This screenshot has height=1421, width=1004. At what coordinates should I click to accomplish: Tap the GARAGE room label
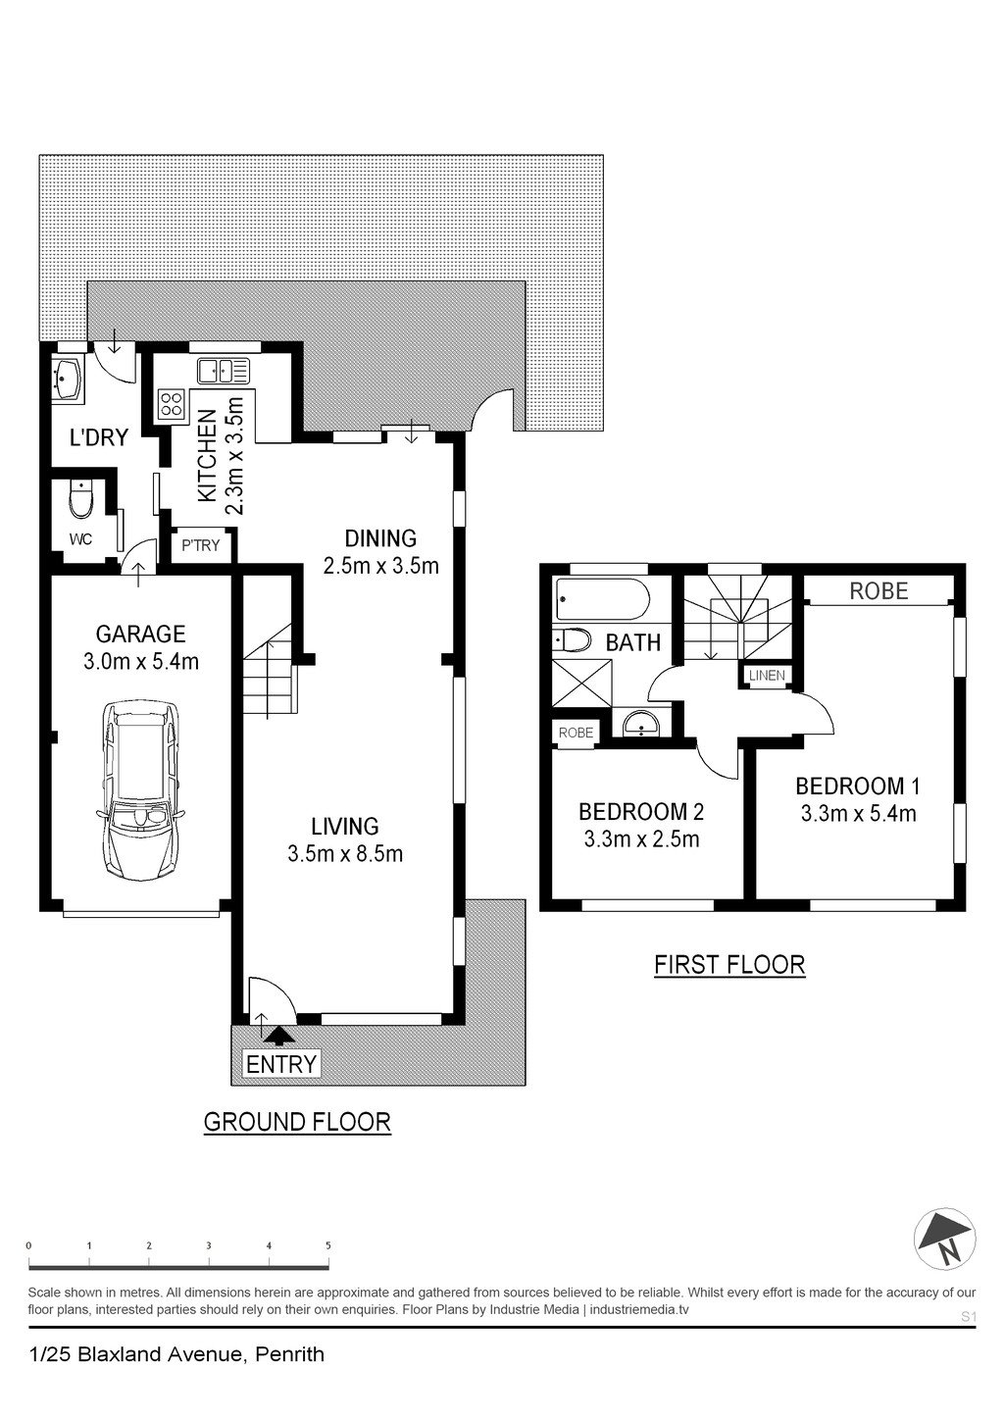click(x=140, y=634)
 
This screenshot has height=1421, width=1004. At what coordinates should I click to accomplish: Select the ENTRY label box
click(x=281, y=1064)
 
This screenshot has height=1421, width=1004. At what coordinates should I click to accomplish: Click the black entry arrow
click(x=279, y=1036)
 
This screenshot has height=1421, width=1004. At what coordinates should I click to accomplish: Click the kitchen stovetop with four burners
click(x=172, y=405)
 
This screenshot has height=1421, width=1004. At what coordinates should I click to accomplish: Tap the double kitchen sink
click(x=224, y=371)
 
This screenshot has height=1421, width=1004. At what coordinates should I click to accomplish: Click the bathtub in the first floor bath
click(x=603, y=599)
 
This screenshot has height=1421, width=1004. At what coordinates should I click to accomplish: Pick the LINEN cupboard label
click(x=767, y=676)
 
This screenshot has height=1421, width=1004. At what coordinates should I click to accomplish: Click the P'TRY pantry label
click(x=200, y=545)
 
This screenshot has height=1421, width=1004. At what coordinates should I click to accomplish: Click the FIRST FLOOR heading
click(x=729, y=965)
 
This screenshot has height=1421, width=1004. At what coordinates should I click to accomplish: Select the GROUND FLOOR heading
click(x=297, y=1122)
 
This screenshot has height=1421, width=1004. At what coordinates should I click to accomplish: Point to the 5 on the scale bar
click(x=328, y=1245)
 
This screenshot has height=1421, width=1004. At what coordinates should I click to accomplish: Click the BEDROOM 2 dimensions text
click(x=641, y=839)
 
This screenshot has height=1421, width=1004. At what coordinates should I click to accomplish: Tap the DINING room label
click(x=380, y=538)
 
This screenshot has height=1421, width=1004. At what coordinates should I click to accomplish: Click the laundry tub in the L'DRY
click(x=68, y=380)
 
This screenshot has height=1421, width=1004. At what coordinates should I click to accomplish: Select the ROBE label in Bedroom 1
click(x=878, y=591)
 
